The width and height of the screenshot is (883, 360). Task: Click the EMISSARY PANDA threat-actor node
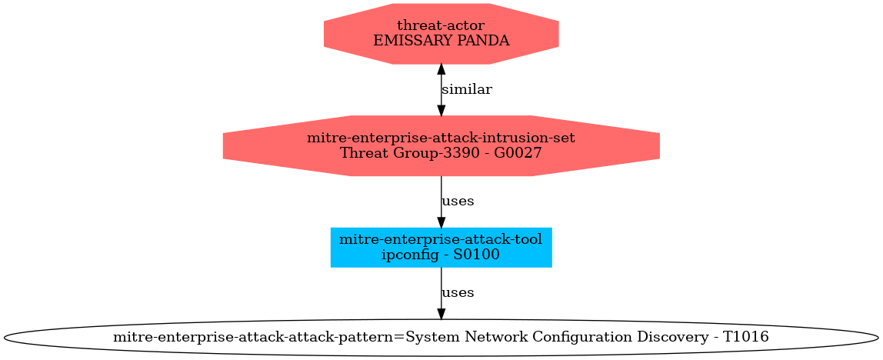pyautogui.click(x=441, y=33)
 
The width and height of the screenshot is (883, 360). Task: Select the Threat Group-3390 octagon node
pyautogui.click(x=441, y=145)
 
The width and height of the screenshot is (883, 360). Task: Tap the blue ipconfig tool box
pyautogui.click(x=441, y=247)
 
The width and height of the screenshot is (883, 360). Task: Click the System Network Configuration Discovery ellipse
pyautogui.click(x=441, y=337)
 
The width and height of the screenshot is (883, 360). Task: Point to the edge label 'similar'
pyautogui.click(x=466, y=89)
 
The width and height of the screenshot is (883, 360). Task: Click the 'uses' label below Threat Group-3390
pyautogui.click(x=457, y=201)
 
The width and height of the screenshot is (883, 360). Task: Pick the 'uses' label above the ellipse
pyautogui.click(x=457, y=292)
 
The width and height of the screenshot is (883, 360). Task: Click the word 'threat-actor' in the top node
pyautogui.click(x=441, y=26)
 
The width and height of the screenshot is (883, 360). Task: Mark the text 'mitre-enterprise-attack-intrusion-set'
pyautogui.click(x=441, y=138)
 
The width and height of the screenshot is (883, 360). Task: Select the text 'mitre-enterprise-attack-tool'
pyautogui.click(x=441, y=239)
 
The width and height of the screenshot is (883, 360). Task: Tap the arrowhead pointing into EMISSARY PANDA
pyautogui.click(x=441, y=69)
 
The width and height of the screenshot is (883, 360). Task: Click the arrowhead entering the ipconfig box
pyautogui.click(x=441, y=222)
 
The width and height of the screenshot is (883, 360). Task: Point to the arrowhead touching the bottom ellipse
pyautogui.click(x=441, y=313)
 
